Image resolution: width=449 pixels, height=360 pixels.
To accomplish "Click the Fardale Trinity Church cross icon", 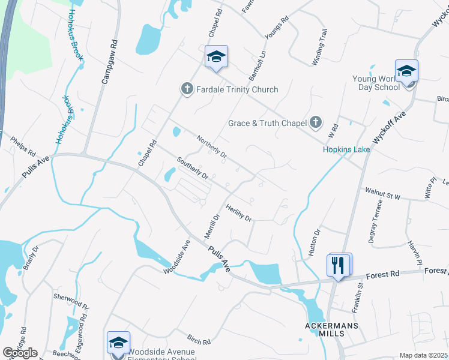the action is pyautogui.click(x=187, y=89).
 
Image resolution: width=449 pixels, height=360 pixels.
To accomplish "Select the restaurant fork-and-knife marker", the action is pyautogui.click(x=338, y=265).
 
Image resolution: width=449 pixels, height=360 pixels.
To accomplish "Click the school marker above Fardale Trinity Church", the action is pyautogui.click(x=216, y=57).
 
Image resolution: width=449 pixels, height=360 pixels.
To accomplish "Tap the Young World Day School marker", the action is pyautogui.click(x=406, y=71).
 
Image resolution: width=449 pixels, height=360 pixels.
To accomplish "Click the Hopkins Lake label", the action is pyautogui.click(x=345, y=149).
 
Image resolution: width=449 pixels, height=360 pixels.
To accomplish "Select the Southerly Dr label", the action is pyautogui.click(x=192, y=169).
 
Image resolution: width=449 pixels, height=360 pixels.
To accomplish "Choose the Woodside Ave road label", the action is pyautogui.click(x=176, y=257).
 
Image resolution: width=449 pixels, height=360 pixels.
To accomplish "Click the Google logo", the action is pyautogui.click(x=20, y=353).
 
